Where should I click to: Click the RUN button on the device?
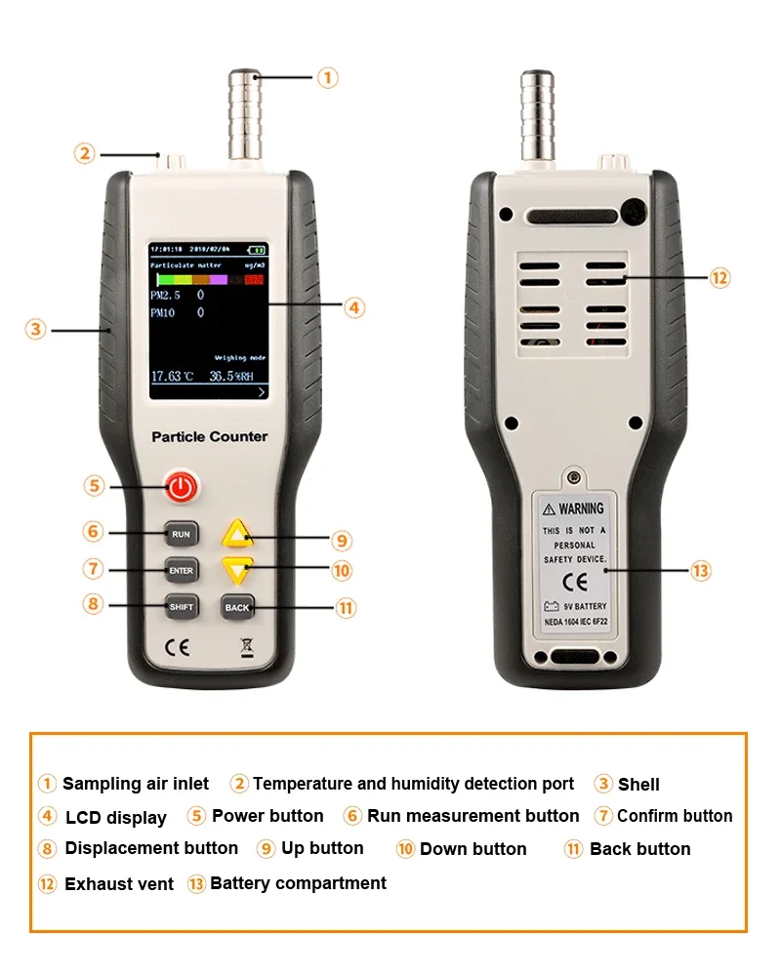(181, 534)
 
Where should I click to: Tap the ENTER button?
(181, 570)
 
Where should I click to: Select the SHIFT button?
(181, 606)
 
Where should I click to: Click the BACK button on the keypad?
(237, 607)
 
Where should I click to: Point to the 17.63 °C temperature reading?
(173, 376)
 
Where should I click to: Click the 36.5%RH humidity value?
(235, 376)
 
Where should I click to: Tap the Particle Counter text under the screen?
(209, 436)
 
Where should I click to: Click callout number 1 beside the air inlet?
(328, 76)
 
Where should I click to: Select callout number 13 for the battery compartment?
(701, 571)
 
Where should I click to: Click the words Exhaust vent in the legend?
(118, 884)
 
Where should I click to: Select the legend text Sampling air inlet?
(136, 784)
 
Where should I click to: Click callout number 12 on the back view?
(719, 278)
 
